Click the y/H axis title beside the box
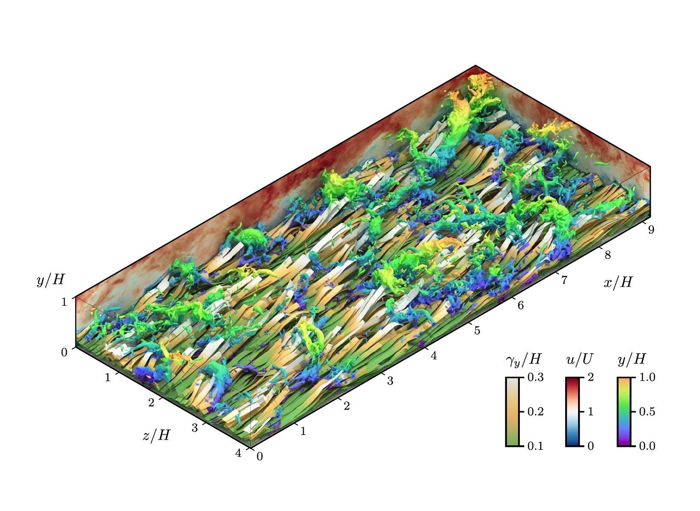50,280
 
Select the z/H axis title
156,435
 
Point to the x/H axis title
617,282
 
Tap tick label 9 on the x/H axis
651,230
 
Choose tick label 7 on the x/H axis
564,280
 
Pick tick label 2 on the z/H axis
151,403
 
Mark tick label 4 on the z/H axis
238,453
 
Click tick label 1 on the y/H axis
64,302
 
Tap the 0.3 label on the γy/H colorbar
535,377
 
